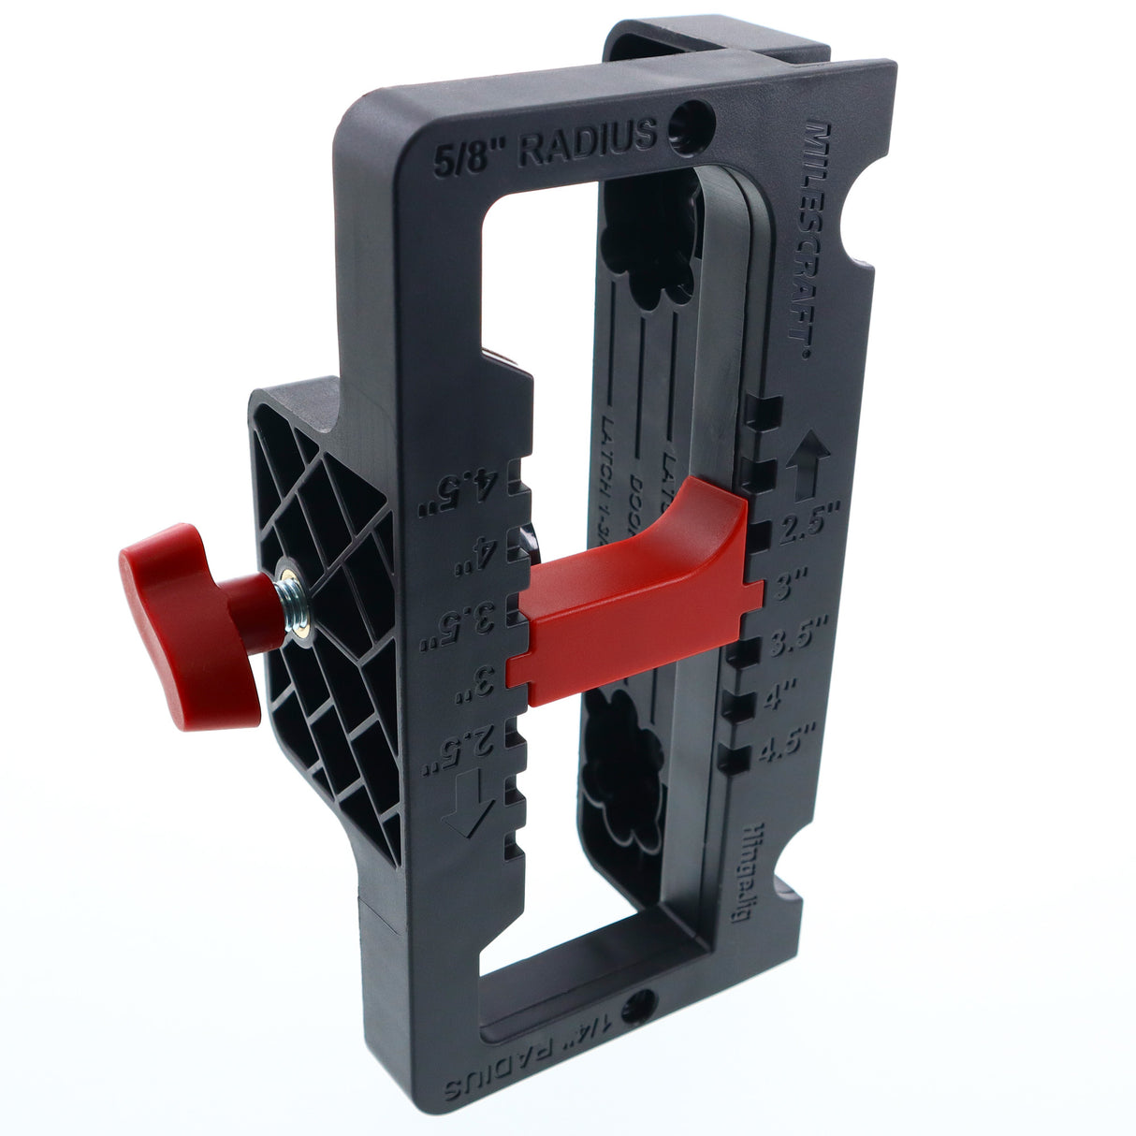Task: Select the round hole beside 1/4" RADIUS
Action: coord(638,1009)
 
